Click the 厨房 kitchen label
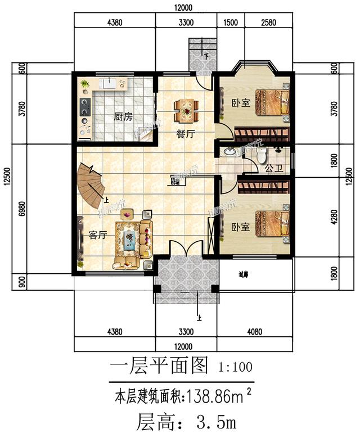click(x=123, y=117)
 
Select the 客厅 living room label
click(x=98, y=235)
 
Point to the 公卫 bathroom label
click(x=272, y=168)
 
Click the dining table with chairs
click(x=186, y=110)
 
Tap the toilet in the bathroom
click(x=264, y=157)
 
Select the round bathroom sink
click(x=229, y=152)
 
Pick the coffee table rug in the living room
click(x=130, y=241)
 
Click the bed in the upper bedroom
click(x=271, y=102)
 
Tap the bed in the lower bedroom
click(x=272, y=224)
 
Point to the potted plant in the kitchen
click(x=84, y=84)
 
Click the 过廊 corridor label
click(x=243, y=275)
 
